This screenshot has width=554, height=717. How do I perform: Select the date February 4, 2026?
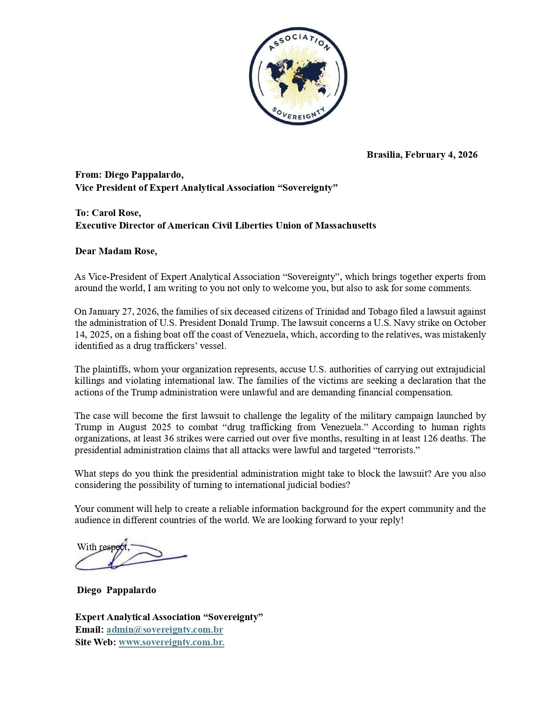441,155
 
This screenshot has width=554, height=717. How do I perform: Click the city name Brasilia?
384,155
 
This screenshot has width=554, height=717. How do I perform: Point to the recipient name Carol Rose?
116,213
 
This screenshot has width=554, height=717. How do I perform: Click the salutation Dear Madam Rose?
116,251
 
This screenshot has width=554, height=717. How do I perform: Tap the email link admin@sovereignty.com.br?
165,630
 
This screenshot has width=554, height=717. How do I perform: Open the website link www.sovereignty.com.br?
171,642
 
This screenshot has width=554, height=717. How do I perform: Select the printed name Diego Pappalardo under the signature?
116,590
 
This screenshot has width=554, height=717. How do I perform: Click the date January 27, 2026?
123,312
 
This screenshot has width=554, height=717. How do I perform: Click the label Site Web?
95,642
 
